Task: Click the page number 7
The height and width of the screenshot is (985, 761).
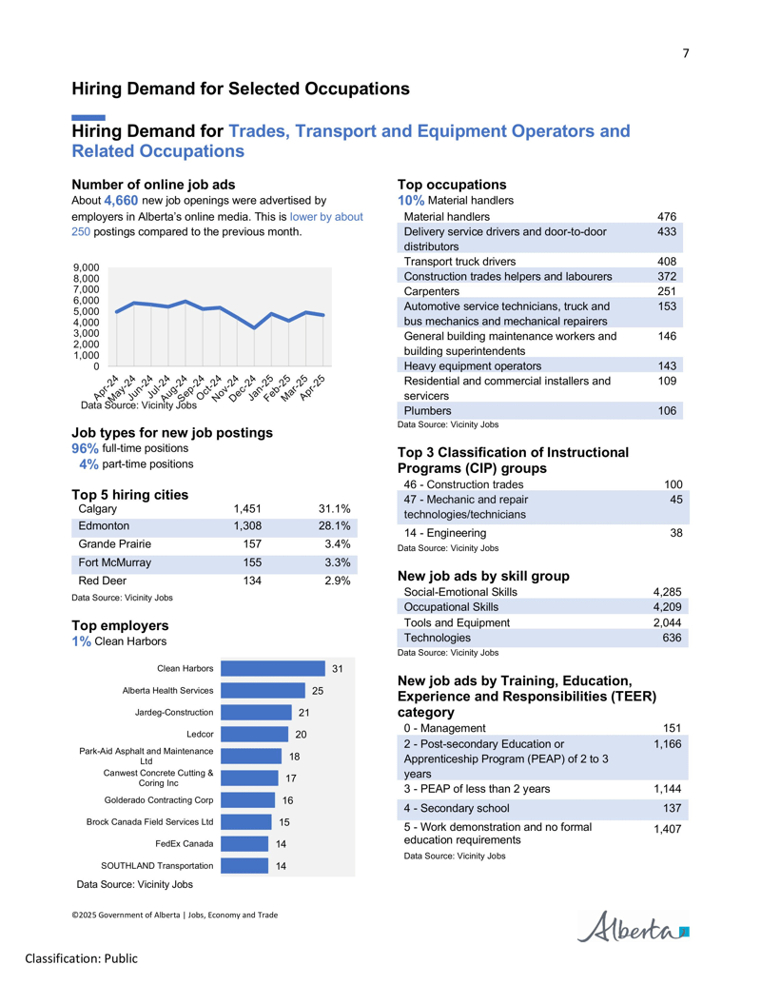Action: click(686, 53)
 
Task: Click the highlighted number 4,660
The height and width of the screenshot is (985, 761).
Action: click(121, 201)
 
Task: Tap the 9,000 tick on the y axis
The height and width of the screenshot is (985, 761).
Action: click(86, 267)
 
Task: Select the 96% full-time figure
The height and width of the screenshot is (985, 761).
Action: click(85, 448)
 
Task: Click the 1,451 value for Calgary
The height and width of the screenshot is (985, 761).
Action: click(247, 509)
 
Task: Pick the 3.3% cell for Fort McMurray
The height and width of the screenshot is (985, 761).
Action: click(337, 562)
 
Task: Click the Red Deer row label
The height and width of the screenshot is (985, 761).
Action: click(103, 581)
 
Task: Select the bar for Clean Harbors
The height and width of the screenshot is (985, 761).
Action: click(273, 668)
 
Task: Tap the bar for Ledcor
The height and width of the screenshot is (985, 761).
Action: click(254, 735)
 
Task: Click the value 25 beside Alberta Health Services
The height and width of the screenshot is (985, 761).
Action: click(318, 691)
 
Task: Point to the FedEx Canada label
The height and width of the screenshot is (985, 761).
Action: click(185, 843)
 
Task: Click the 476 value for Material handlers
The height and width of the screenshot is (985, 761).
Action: click(667, 217)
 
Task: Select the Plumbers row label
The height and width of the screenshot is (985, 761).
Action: click(428, 411)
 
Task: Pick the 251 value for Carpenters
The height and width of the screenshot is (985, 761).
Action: click(667, 291)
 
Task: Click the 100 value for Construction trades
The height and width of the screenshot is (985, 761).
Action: click(673, 484)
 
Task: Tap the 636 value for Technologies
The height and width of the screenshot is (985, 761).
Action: click(672, 638)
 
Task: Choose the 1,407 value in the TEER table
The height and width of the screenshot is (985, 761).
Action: click(668, 829)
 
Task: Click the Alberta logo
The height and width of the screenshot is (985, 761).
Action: click(633, 927)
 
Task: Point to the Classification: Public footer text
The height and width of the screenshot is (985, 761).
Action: click(81, 958)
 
